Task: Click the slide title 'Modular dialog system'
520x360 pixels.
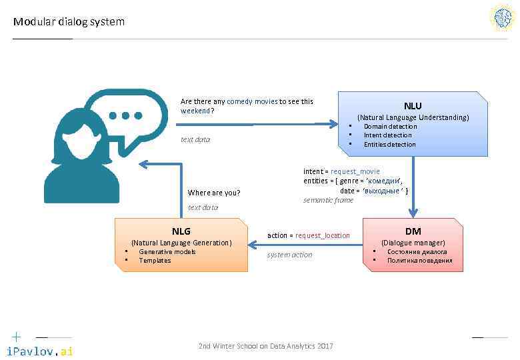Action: (69, 22)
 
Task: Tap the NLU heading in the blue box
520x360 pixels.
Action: (413, 105)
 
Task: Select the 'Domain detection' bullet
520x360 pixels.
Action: (390, 127)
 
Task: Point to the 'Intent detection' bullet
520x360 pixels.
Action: (387, 135)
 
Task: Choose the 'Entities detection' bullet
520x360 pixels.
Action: (389, 145)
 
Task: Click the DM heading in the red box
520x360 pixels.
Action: (413, 231)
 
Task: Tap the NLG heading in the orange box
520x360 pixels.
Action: (181, 231)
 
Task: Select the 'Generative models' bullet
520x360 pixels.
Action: (167, 252)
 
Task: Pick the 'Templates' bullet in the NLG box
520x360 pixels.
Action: (155, 261)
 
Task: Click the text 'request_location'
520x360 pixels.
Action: (323, 235)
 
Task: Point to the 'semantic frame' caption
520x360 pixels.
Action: (328, 201)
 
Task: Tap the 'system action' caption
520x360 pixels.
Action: (289, 255)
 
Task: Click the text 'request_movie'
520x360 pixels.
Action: (355, 171)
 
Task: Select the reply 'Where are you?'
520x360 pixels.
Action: (214, 193)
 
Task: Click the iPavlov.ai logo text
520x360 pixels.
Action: (39, 351)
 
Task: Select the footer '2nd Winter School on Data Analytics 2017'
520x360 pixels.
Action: (265, 346)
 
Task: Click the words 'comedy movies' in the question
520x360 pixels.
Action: (252, 102)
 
